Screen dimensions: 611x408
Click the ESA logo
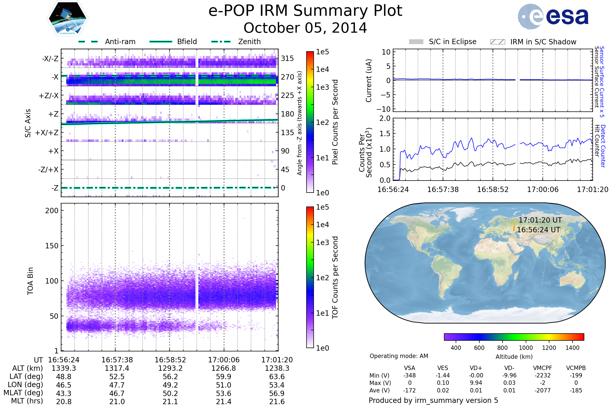[x=553, y=16]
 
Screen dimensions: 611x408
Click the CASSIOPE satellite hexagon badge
[x=67, y=18]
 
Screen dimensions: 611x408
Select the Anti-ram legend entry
[x=107, y=42]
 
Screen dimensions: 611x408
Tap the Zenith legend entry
[x=236, y=42]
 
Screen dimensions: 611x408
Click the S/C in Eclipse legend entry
[x=443, y=42]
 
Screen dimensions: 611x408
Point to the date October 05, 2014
[x=305, y=28]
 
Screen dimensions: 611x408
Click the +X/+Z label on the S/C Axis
[x=47, y=133]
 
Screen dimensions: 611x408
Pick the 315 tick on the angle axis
[x=287, y=58]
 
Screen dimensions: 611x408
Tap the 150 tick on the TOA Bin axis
[x=52, y=246]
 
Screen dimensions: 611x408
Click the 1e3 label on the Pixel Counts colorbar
[x=322, y=87]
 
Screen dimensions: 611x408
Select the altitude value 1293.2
[x=170, y=368]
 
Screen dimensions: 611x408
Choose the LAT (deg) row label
[x=26, y=377]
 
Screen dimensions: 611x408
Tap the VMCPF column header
[x=543, y=368]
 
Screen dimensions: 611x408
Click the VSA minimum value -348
[x=409, y=375]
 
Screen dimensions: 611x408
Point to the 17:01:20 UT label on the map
[x=540, y=220]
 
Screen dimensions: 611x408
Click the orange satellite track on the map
[x=515, y=225]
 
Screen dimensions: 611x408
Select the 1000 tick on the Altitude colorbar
[x=526, y=348]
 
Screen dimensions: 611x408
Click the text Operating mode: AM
[x=399, y=356]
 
